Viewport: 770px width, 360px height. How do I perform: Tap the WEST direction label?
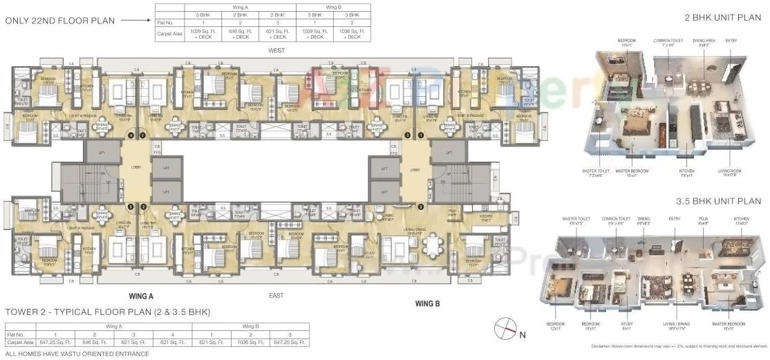pyautogui.click(x=277, y=50)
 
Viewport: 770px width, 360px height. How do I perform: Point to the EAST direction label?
pyautogui.click(x=276, y=295)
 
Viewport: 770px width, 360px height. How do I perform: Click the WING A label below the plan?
pyautogui.click(x=141, y=295)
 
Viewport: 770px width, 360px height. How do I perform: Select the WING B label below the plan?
pyautogui.click(x=428, y=303)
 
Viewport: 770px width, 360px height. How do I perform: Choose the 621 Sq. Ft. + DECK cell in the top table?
pyautogui.click(x=278, y=33)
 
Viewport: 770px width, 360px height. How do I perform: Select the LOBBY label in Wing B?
pyautogui.click(x=415, y=170)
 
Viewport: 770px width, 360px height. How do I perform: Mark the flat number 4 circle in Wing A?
pyautogui.click(x=130, y=135)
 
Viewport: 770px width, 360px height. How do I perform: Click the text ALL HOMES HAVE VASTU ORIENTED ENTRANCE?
pyautogui.click(x=77, y=354)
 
